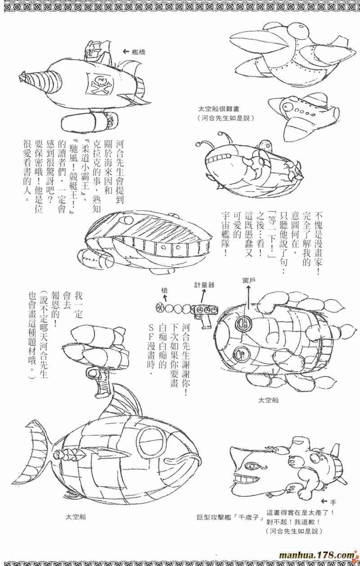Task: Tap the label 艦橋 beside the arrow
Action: coord(139,52)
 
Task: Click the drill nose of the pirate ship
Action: coord(40,81)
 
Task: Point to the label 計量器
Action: coord(204,284)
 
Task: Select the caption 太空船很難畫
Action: coord(218,109)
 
